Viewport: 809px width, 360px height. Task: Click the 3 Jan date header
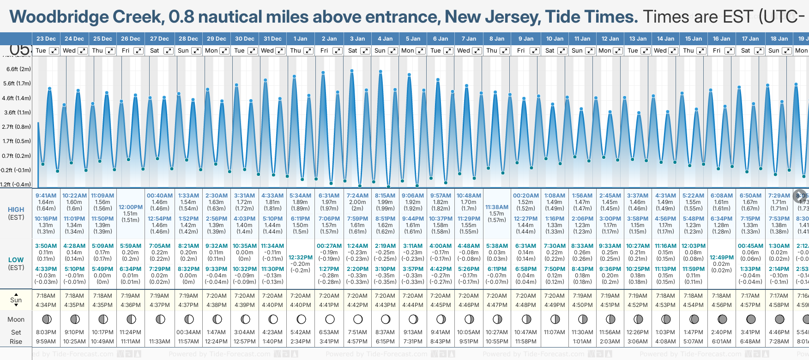tap(357, 39)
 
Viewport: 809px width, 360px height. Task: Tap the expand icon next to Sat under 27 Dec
tap(169, 51)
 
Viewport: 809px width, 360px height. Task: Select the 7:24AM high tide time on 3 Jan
tap(357, 196)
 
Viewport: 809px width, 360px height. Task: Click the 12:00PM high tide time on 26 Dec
tap(131, 207)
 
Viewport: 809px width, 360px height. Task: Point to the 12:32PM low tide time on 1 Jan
tap(301, 258)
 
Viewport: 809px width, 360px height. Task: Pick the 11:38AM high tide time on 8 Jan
tap(496, 207)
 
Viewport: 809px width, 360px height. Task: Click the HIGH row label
tap(16, 210)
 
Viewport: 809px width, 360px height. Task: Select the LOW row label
tap(16, 260)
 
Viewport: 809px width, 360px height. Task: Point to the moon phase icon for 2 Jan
tap(330, 319)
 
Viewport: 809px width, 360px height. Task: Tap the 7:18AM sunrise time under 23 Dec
tap(46, 296)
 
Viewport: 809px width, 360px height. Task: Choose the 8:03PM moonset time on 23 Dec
tap(46, 332)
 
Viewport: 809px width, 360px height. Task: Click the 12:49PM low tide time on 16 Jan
tap(721, 258)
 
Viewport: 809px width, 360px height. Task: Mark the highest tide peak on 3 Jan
tap(352, 71)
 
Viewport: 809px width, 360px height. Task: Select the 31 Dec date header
tap(272, 39)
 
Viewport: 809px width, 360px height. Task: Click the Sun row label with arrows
tap(16, 300)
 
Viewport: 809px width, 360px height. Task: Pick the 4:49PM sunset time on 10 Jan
tap(554, 305)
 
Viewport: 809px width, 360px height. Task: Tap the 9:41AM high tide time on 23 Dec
tap(46, 196)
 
